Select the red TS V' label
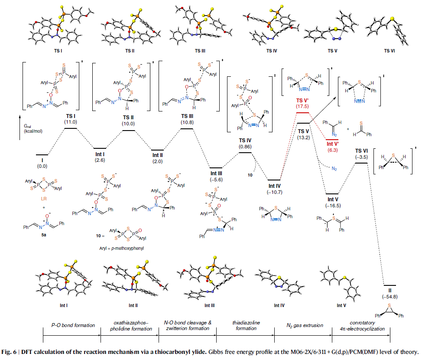(x=302, y=101)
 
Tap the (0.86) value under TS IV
(x=245, y=148)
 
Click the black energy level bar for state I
(x=42, y=154)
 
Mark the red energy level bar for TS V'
(x=302, y=113)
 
